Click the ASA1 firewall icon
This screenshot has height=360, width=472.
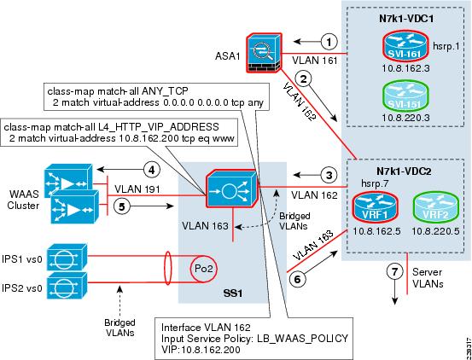point(264,53)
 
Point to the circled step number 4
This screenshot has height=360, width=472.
point(151,170)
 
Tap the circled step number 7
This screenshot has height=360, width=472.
point(395,272)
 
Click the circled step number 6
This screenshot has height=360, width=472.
point(297,278)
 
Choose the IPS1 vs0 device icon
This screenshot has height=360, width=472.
point(67,257)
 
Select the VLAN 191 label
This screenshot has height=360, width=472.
point(136,189)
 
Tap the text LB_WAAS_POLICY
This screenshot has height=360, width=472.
point(302,338)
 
